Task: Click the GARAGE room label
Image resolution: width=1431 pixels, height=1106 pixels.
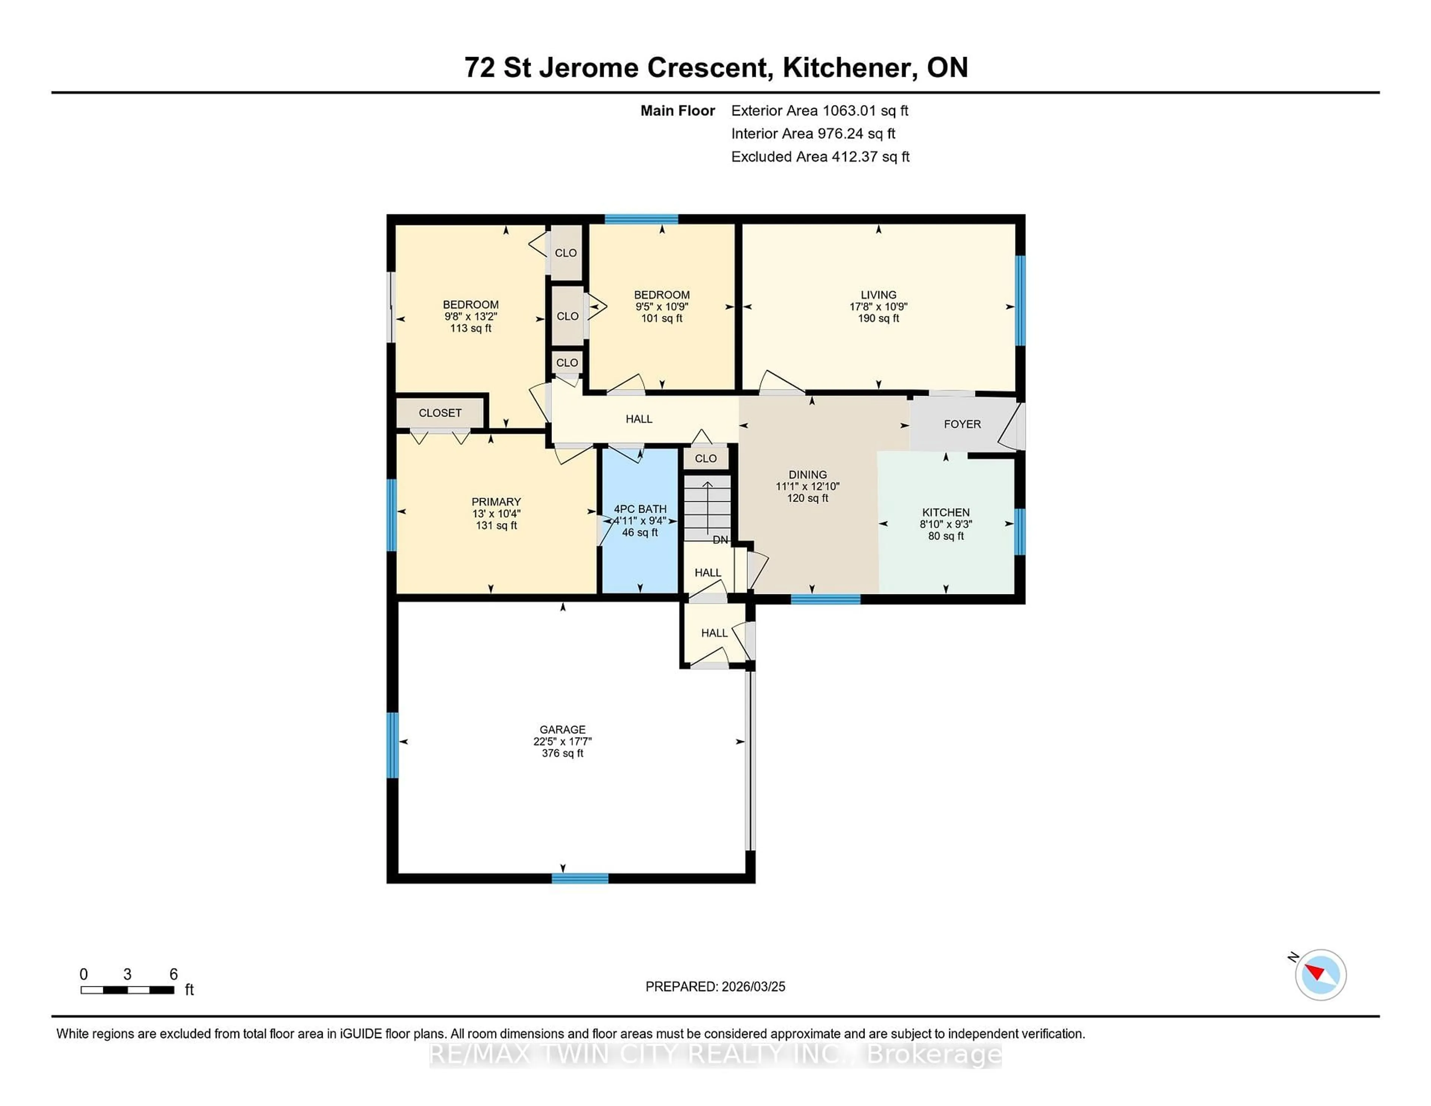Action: point(562,729)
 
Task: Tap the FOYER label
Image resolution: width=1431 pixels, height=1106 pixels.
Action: point(962,424)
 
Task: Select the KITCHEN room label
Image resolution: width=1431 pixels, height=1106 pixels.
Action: point(945,512)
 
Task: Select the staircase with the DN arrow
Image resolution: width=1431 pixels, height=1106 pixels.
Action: point(707,508)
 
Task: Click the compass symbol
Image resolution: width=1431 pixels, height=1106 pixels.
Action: point(1320,974)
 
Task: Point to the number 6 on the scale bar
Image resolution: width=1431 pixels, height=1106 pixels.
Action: point(174,974)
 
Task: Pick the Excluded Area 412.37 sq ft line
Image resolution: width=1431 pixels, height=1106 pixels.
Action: point(820,157)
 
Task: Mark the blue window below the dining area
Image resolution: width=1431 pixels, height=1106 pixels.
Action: point(825,599)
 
